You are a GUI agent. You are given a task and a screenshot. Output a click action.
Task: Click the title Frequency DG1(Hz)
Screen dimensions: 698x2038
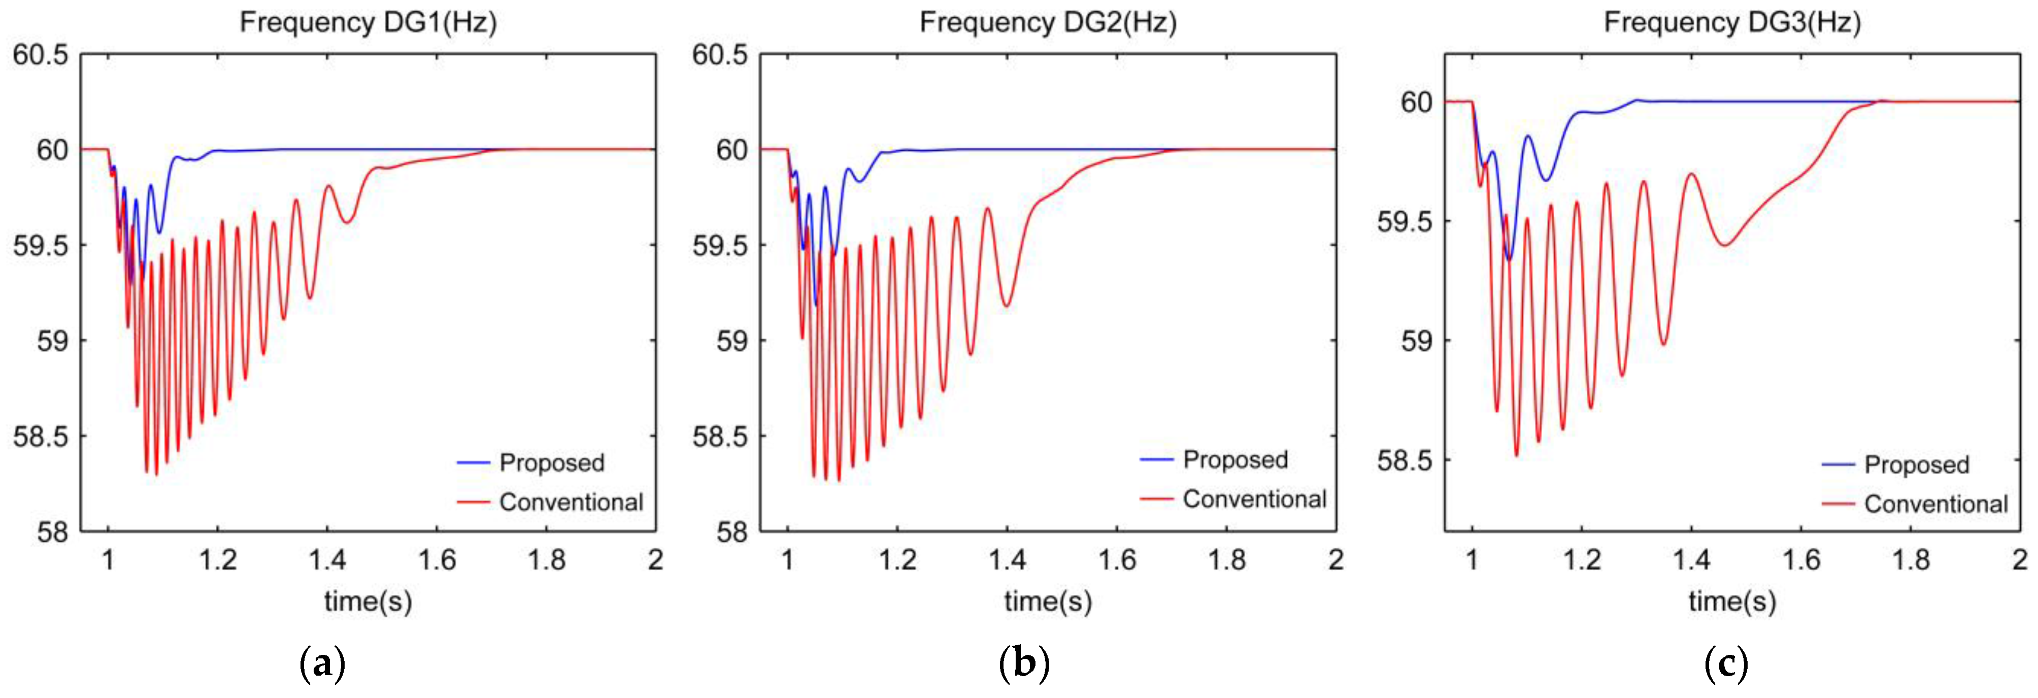click(x=368, y=22)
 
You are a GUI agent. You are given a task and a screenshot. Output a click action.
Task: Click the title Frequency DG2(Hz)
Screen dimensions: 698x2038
click(x=1048, y=22)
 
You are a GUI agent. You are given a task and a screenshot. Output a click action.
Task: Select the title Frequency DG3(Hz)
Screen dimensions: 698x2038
click(x=1732, y=22)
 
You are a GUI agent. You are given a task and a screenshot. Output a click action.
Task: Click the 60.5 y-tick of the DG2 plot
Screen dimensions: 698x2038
click(x=719, y=55)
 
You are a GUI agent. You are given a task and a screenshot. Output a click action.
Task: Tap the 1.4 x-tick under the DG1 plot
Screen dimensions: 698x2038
click(x=327, y=560)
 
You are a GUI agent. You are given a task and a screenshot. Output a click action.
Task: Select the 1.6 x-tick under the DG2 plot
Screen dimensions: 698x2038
click(x=1116, y=560)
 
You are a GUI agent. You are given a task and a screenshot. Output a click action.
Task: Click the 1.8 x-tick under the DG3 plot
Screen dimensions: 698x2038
click(x=1910, y=560)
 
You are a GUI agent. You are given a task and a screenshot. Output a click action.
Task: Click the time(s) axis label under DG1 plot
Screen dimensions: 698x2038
click(x=368, y=602)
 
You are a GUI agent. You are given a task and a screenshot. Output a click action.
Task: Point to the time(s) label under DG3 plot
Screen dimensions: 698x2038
click(x=1732, y=602)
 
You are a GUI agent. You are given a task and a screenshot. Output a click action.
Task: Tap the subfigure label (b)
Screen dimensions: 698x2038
click(x=1024, y=663)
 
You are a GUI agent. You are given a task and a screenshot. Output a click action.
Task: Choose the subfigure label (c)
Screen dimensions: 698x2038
click(x=1725, y=663)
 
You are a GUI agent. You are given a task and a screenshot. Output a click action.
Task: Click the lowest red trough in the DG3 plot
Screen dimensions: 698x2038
click(x=1516, y=454)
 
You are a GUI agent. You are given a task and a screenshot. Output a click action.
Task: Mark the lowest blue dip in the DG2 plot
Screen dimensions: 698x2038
click(x=816, y=305)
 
